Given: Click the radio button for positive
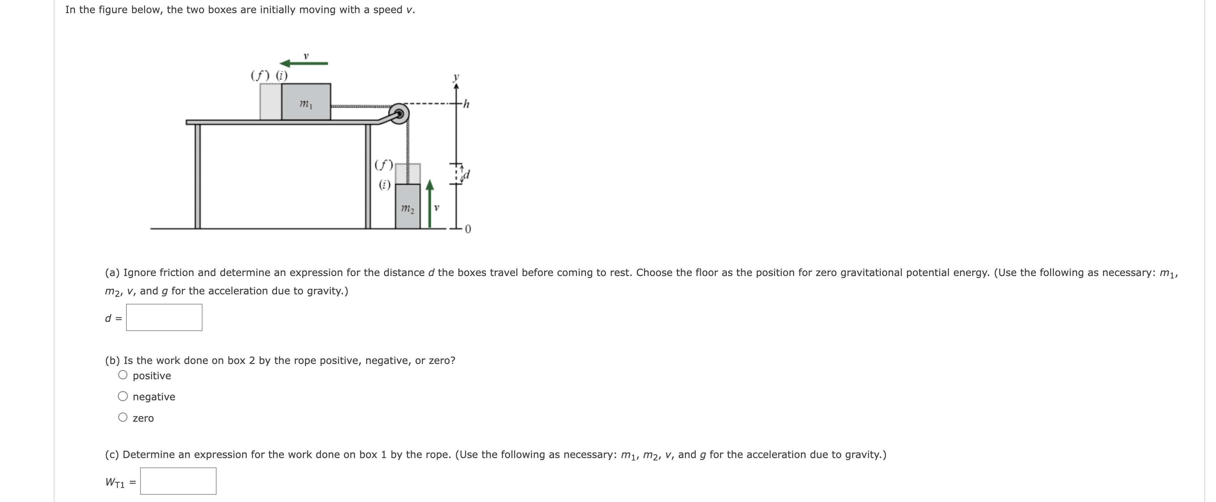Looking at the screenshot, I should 123,375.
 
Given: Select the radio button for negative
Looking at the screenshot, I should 123,396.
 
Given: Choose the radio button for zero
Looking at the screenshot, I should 123,417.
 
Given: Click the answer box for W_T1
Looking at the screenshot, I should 178,481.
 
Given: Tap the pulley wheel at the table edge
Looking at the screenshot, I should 399,114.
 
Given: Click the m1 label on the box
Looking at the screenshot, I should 305,103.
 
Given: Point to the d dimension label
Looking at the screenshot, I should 467,175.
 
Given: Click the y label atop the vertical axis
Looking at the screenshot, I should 456,76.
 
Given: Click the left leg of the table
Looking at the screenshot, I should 198,176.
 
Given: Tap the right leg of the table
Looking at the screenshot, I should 368,176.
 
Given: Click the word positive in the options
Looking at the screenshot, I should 152,376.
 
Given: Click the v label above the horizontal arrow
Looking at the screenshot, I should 306,56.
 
